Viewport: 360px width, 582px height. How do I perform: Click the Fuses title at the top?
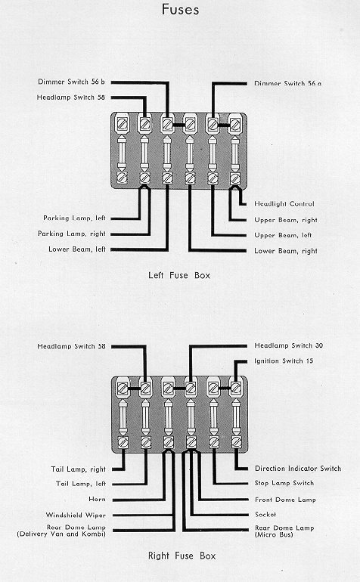coord(181,9)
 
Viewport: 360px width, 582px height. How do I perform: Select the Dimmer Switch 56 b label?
coord(71,82)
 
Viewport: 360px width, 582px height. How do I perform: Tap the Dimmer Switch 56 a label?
coord(288,83)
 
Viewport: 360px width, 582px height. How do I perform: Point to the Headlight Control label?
coord(284,204)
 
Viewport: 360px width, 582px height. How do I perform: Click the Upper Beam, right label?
coord(286,220)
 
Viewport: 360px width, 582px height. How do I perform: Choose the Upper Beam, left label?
coord(283,235)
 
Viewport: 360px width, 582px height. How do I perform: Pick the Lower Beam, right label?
coord(286,251)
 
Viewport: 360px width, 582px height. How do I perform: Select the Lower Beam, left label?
coord(77,249)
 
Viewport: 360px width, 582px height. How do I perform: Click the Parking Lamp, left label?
coord(75,218)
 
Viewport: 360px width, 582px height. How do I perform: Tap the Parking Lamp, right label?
coord(72,234)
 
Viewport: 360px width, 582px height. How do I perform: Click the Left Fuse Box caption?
coord(179,275)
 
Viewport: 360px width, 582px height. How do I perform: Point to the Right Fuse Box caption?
coord(182,556)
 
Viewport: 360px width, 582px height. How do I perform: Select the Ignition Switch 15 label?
coord(284,361)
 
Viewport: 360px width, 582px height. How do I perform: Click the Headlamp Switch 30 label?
coord(289,345)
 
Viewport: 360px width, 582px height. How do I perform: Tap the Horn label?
coord(97,499)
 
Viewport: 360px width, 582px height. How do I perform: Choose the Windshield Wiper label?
coord(76,515)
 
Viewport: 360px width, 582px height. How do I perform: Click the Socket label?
coord(265,515)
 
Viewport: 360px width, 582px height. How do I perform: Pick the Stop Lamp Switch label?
coord(284,483)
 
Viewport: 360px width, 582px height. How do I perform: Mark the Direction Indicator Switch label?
coord(298,469)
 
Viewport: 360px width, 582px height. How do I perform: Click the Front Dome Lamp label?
coord(285,500)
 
